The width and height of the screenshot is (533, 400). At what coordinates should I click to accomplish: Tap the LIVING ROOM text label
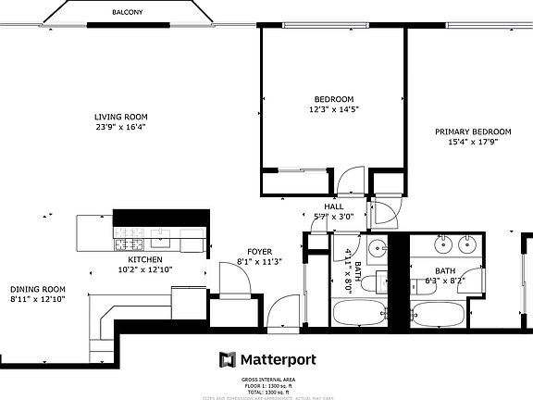point(120,117)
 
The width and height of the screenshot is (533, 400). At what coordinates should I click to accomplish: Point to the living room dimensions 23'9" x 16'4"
point(120,127)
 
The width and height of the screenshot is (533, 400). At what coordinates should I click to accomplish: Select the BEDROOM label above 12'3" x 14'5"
point(333,99)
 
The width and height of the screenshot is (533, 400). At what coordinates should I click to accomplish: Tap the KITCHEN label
point(145,260)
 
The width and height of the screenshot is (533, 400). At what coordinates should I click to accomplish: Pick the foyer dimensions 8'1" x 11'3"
point(259,262)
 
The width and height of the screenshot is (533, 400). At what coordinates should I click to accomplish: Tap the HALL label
point(334,206)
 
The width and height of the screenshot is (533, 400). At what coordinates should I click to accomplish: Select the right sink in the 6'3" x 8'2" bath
point(468,244)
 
